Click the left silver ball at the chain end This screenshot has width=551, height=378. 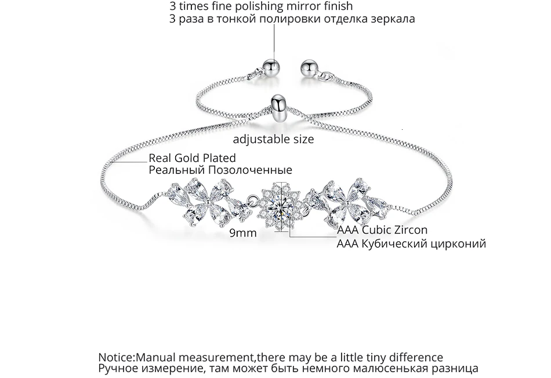pos(271,65)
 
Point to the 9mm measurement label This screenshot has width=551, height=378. pos(242,233)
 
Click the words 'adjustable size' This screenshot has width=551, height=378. pos(273,139)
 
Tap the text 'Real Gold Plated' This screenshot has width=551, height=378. pos(192,158)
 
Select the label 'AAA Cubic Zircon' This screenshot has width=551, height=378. pos(382,230)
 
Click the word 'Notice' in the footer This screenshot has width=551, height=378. pos(115,357)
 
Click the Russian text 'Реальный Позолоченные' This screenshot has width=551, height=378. pos(220,170)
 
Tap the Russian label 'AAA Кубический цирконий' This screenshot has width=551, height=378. pos(411,243)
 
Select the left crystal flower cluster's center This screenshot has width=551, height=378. pos(206,203)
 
